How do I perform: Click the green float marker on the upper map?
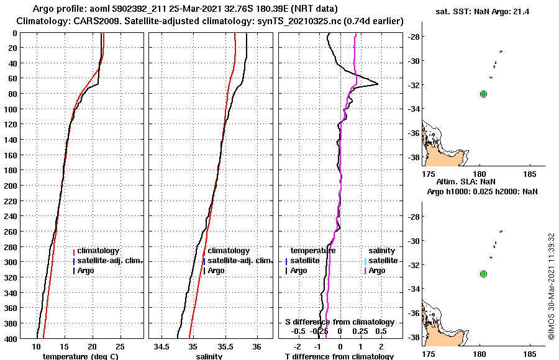click(484, 94)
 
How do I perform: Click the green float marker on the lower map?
click(484, 274)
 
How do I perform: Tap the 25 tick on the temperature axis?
click(120, 346)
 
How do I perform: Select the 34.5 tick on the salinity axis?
click(163, 346)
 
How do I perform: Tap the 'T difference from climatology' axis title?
click(339, 356)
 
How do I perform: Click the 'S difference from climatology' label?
click(339, 322)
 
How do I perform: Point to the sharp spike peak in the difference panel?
click(378, 84)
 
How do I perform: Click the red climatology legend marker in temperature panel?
click(74, 251)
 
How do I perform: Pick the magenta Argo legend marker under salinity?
click(366, 271)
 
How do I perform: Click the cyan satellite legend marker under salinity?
click(366, 261)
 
